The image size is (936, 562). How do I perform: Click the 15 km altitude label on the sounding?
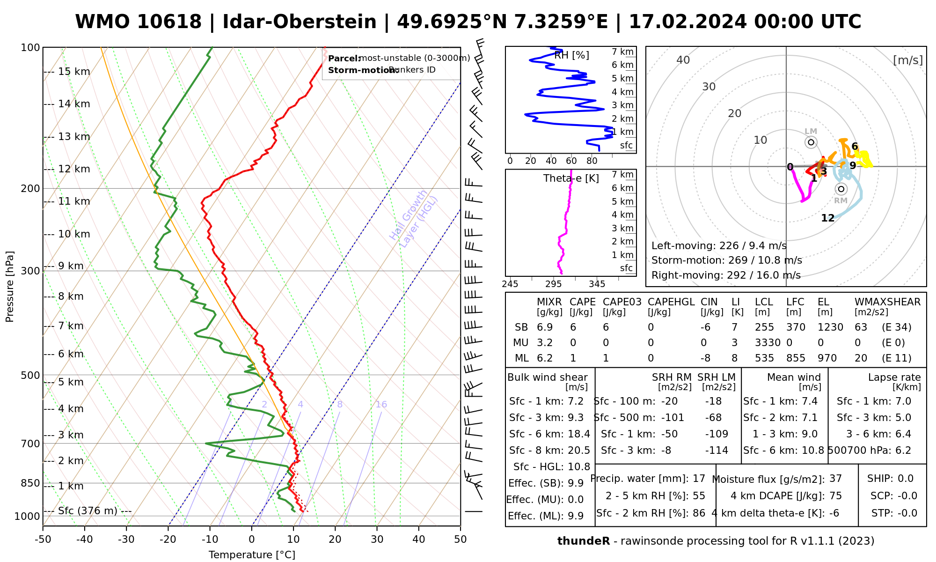coord(74,72)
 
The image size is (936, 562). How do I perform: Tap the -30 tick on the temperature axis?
coord(126,540)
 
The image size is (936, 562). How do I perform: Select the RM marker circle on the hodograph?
coord(841,189)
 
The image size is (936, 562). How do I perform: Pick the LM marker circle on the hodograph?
coord(811,142)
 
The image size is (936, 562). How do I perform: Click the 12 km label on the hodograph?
coord(827,218)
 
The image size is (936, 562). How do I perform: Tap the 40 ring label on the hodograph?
coord(683,60)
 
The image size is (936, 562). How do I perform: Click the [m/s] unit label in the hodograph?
coord(908,60)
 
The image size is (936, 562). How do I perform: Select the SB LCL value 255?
coord(764,327)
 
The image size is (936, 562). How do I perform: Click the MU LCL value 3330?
coord(768,343)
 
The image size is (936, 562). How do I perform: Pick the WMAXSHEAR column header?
coord(887,302)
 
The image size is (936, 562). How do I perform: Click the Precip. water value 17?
coord(699,479)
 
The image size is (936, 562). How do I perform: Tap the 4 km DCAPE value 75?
coord(835,496)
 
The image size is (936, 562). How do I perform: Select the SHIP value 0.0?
coord(905,479)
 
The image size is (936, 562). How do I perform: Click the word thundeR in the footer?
coord(583,541)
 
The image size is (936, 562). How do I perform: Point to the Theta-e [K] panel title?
coord(571,178)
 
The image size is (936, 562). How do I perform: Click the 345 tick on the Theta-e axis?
coord(597,284)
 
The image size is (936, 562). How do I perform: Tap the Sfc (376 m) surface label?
coord(88,510)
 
